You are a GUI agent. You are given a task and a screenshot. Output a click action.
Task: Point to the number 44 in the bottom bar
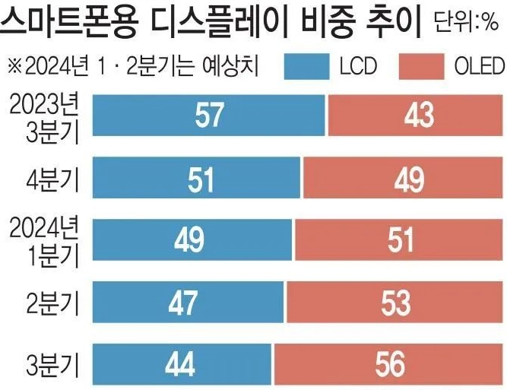tap(181, 366)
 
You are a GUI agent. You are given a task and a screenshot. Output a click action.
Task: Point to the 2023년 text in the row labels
tap(43, 103)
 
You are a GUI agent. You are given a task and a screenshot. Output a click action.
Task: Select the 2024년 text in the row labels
tap(43, 226)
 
